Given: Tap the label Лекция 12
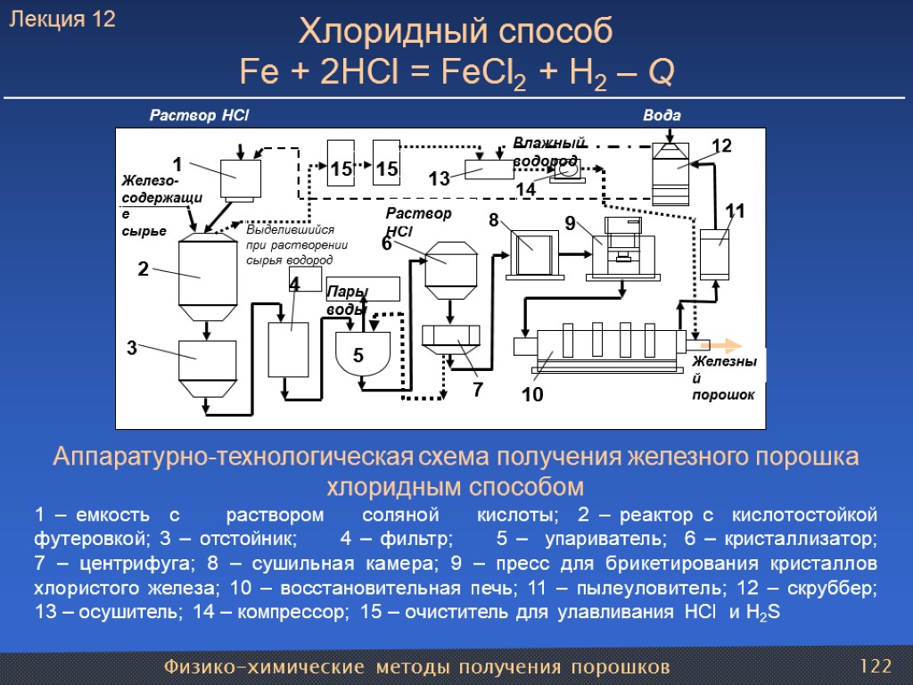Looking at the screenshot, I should [62, 20].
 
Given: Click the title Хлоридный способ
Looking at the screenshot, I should [456, 32].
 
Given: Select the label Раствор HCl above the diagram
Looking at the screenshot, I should [198, 116].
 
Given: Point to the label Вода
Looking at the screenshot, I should [662, 116].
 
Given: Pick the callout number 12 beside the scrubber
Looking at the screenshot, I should [720, 145].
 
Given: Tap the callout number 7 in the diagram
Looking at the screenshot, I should [476, 390].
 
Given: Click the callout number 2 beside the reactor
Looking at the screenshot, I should [143, 268].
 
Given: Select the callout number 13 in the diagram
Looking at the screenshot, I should [439, 179].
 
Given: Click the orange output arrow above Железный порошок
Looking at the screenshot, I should [721, 344].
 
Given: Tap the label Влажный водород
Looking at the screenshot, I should [547, 151].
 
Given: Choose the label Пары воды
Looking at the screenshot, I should [345, 300].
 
